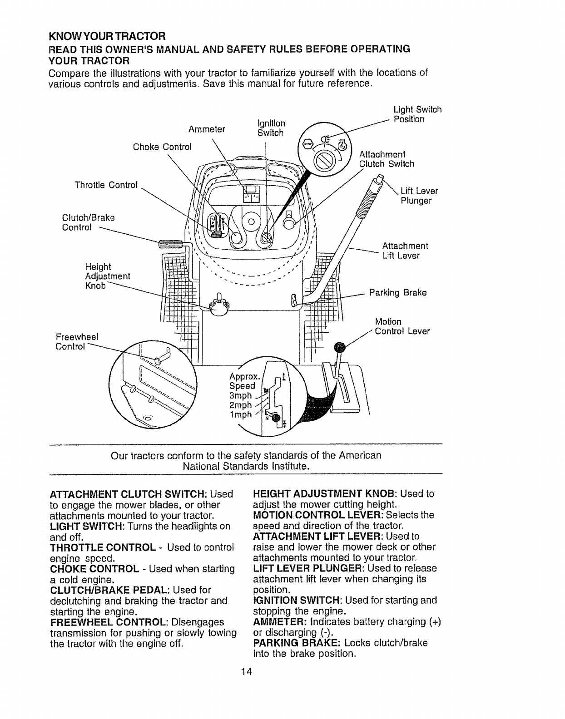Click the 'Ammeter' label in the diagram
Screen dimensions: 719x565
click(207, 129)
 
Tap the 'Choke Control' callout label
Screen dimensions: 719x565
click(162, 147)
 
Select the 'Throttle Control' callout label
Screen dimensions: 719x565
click(106, 185)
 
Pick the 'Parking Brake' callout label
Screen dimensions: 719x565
click(398, 293)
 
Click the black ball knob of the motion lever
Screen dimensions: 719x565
click(340, 348)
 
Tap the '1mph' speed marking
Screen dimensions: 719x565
click(241, 414)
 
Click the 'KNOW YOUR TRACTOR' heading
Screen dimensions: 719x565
click(107, 35)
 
